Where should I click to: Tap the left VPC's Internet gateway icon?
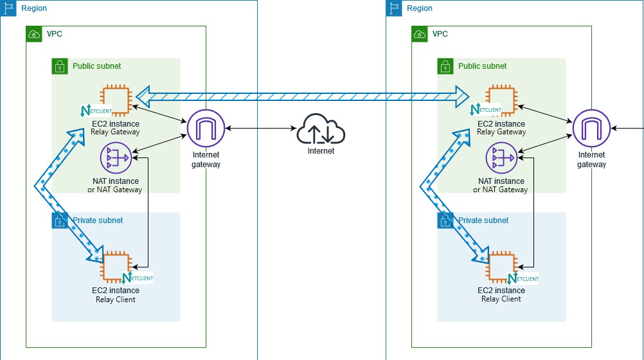click(205, 129)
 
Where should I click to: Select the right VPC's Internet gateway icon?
click(591, 129)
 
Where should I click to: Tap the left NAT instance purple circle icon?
click(116, 157)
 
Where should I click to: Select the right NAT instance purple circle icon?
click(501, 157)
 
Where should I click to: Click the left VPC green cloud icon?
click(33, 33)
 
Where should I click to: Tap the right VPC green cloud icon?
click(419, 33)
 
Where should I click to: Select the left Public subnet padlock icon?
click(59, 66)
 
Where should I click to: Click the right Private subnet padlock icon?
click(445, 221)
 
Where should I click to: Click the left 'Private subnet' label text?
click(98, 221)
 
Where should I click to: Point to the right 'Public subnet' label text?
click(482, 66)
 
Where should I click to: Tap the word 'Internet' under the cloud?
click(321, 152)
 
